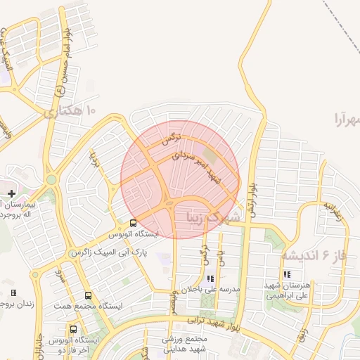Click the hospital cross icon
tap(11, 193)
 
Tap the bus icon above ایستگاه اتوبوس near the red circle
tap(134, 224)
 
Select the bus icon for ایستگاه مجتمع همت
tap(88, 296)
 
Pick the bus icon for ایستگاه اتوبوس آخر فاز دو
tap(74, 329)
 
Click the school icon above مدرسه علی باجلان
tap(210, 278)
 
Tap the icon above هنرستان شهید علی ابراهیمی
tap(286, 274)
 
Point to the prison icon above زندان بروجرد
tap(13, 292)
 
